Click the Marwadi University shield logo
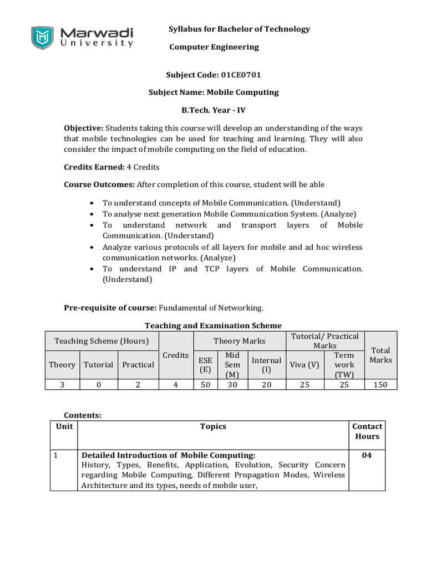click(42, 38)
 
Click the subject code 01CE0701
click(241, 74)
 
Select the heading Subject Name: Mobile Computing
click(214, 92)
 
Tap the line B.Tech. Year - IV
click(214, 110)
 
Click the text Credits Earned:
click(94, 167)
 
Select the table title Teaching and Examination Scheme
click(213, 326)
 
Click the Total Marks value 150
click(380, 385)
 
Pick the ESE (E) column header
click(205, 364)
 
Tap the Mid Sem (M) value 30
click(232, 385)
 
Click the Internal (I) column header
click(266, 364)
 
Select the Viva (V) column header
click(305, 364)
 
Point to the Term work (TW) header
click(344, 364)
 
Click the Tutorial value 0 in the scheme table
click(98, 385)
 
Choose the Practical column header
click(138, 364)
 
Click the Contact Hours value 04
click(367, 455)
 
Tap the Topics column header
click(213, 426)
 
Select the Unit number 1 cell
click(56, 455)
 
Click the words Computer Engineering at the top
click(214, 47)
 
